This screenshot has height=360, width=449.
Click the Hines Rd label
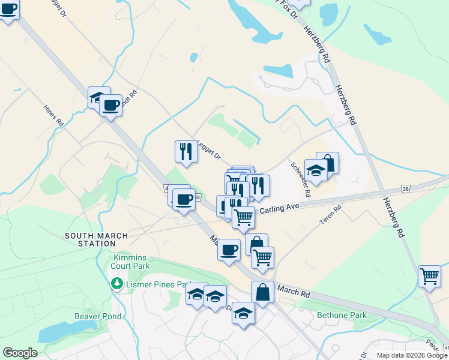point(53,115)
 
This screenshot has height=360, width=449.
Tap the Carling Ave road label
point(279,207)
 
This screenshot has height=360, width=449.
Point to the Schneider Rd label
point(300,180)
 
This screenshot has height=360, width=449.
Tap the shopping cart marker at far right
point(430,277)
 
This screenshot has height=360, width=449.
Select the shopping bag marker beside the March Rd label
point(262,292)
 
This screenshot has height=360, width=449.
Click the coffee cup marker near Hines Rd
point(111,106)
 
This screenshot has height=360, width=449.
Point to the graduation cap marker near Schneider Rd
point(315,170)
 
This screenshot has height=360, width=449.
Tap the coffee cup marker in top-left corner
point(8,10)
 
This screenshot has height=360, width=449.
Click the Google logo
point(20,353)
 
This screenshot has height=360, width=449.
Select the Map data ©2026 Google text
point(412,355)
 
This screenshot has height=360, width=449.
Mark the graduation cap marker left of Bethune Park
point(243,313)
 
